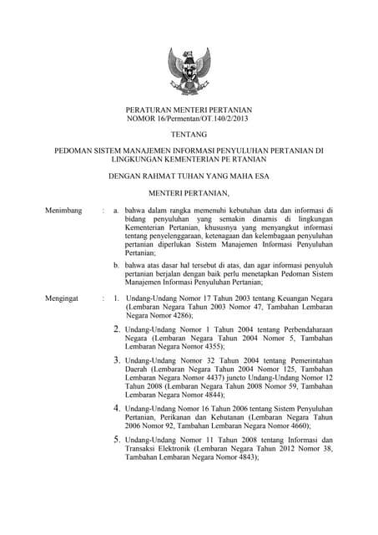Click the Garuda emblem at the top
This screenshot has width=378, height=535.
coord(189,71)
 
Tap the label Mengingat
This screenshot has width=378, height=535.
coord(62,298)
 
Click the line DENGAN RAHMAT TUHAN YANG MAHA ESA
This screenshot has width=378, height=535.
coord(189,176)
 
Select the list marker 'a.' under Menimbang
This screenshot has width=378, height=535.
coord(116,211)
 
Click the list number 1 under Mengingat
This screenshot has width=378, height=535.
coord(116,298)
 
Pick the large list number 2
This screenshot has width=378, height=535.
coord(117,329)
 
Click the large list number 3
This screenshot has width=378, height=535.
coord(117,360)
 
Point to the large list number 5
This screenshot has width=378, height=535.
coord(117,440)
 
